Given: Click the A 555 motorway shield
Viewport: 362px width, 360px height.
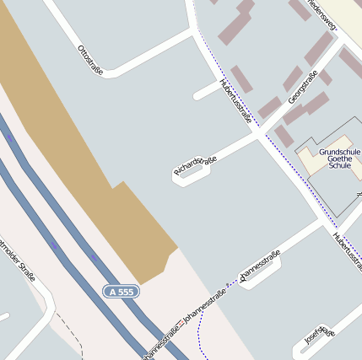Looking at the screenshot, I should tap(121, 292).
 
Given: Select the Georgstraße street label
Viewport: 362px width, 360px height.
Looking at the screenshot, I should tap(303, 88).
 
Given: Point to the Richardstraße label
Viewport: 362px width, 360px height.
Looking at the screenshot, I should tap(196, 165).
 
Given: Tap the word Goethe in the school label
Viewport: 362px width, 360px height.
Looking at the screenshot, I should tap(339, 159).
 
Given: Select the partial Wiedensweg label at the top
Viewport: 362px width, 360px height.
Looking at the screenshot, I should tap(322, 13).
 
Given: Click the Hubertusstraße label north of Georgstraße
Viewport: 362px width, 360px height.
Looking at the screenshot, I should tap(235, 101).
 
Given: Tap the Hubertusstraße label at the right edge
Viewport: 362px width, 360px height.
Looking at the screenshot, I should tap(347, 252).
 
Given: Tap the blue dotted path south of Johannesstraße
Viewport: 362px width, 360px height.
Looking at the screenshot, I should tap(199, 337).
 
